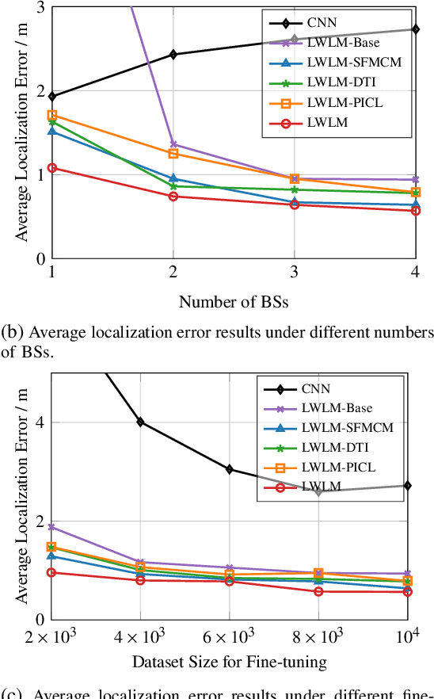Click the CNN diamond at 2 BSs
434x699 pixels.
coord(173,55)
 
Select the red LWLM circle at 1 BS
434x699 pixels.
coord(52,168)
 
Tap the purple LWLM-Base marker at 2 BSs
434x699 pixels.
coord(173,145)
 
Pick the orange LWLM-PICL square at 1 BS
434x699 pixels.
coord(52,116)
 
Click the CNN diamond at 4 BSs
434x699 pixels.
coord(416,29)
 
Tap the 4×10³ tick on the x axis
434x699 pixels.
coord(140,637)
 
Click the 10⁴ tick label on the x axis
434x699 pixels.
coord(408,636)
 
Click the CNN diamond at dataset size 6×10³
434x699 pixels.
coord(230,469)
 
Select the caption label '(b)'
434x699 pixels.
coord(10,332)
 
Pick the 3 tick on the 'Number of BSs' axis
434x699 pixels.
coord(295,272)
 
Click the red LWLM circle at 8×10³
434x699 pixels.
coord(318,591)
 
